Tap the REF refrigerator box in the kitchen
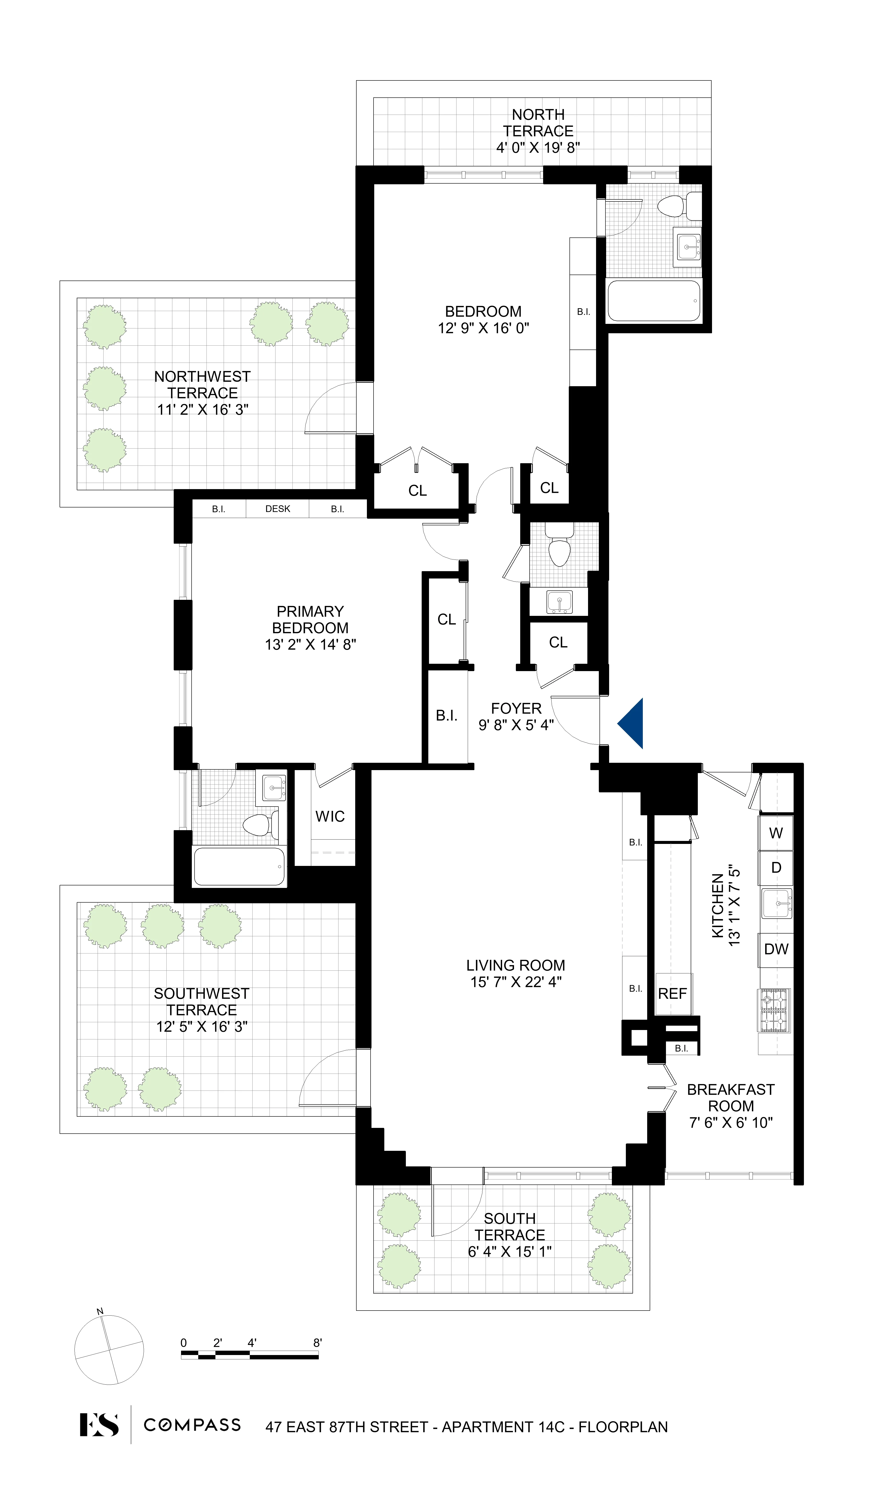coord(673,994)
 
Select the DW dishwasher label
coord(776,949)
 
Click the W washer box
coord(775,833)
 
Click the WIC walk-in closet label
coord(330,816)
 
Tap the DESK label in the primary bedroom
coord(278,509)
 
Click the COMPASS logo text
coord(192,1425)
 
